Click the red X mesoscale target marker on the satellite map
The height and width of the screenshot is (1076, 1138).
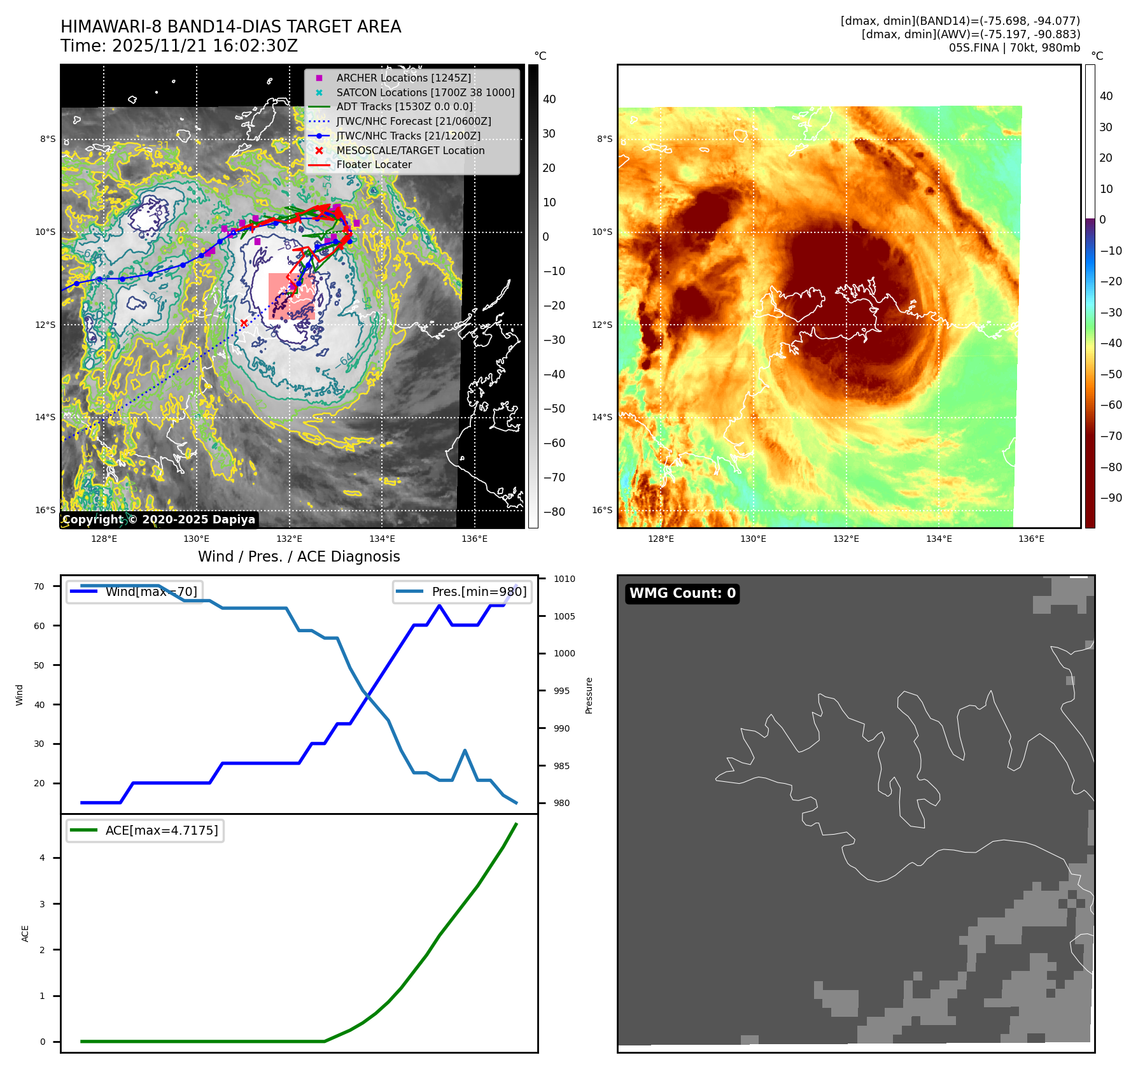pos(244,323)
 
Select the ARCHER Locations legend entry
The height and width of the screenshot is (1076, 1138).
pos(404,78)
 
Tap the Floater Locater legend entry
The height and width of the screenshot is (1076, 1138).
pos(374,164)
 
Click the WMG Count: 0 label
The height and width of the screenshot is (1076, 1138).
pos(682,593)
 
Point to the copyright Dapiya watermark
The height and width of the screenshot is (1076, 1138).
pos(159,520)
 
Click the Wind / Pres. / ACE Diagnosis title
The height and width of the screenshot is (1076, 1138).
pos(299,556)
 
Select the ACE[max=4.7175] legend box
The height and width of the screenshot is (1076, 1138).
pos(145,830)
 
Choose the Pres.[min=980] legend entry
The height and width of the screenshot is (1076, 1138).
pos(463,591)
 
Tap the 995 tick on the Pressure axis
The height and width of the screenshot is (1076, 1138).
pos(561,691)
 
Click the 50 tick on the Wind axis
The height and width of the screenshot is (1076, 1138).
pos(39,665)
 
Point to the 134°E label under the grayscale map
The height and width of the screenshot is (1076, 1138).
pos(382,539)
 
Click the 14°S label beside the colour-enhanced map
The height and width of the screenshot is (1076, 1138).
pos(602,417)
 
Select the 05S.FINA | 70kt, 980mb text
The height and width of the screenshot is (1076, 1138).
pos(1014,48)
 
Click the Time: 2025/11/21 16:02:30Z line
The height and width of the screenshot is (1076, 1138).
pos(179,46)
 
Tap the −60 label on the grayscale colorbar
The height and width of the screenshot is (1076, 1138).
pos(554,443)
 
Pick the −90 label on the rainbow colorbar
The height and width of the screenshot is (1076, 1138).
pos(1111,498)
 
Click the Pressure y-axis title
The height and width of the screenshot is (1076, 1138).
pos(589,695)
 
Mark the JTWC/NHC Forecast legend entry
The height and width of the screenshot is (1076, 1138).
pos(413,121)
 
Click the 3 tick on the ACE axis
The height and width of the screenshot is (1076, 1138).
pos(43,904)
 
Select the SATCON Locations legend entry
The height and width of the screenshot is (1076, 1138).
pos(425,92)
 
